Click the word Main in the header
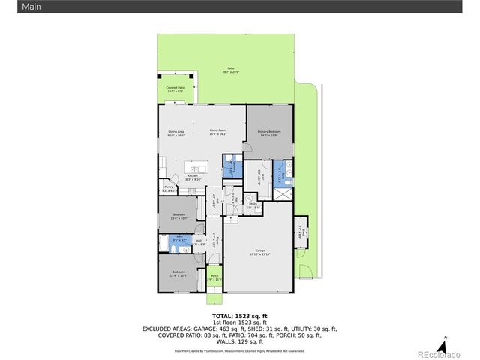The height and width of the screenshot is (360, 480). point(11,7)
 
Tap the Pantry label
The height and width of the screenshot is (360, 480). point(169,188)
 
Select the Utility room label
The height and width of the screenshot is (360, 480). point(253,205)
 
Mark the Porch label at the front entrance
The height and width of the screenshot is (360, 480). point(214,277)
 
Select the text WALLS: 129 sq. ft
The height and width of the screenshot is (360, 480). point(239,341)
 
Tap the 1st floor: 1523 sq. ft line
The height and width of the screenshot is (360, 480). point(239,322)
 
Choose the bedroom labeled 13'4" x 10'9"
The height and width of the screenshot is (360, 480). point(178,273)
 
